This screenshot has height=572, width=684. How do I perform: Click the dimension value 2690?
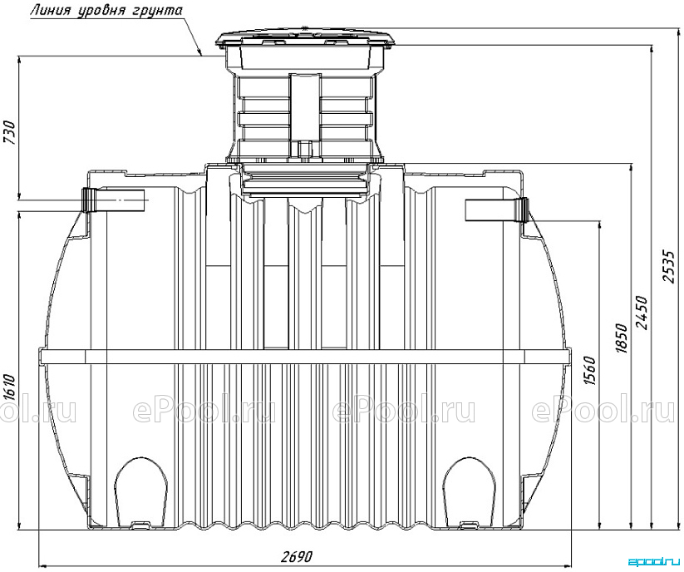[x=297, y=557]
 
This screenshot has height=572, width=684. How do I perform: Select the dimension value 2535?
[x=669, y=267]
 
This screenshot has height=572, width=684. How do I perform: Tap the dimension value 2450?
[x=642, y=313]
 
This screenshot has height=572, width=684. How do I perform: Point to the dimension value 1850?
[x=621, y=338]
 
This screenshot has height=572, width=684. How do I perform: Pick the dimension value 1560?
[x=589, y=371]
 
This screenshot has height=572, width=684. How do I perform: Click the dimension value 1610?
[x=9, y=387]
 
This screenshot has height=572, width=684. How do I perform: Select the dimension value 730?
[x=9, y=131]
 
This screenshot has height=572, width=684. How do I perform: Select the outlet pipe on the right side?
[x=497, y=210]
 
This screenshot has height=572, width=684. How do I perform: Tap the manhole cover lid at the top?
[x=308, y=37]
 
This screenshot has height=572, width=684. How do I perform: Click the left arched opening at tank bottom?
[x=141, y=491]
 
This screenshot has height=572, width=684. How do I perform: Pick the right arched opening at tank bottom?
[x=470, y=491]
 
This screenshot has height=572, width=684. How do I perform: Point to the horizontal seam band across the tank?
[x=305, y=356]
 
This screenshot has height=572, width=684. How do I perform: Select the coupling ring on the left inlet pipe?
[x=89, y=200]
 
